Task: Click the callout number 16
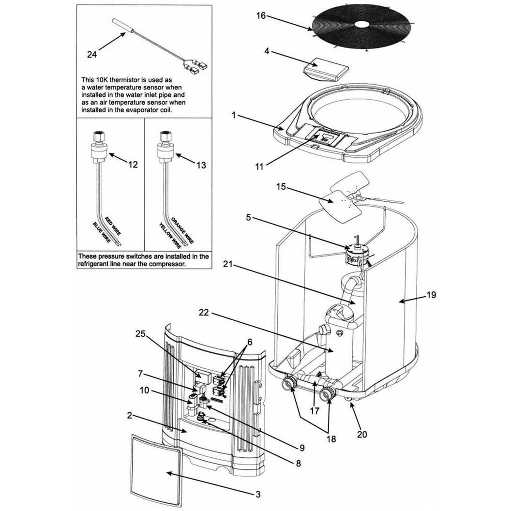[x=261, y=15]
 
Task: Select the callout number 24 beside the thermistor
[x=92, y=54]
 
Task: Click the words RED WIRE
[x=113, y=226]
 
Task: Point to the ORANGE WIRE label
[x=182, y=230]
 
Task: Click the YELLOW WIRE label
[x=170, y=235]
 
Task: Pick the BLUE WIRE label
[x=102, y=232]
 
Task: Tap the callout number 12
[x=133, y=165]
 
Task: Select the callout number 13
[x=201, y=165]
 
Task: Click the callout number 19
[x=431, y=295]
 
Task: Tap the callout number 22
[x=204, y=313]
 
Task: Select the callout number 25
[x=141, y=334]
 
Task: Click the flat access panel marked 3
[x=156, y=470]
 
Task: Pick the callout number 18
[x=331, y=438]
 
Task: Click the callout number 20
[x=362, y=434]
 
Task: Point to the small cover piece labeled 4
[x=326, y=69]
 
